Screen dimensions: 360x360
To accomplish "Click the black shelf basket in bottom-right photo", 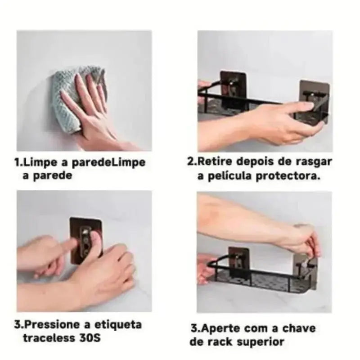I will pos(270,283).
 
